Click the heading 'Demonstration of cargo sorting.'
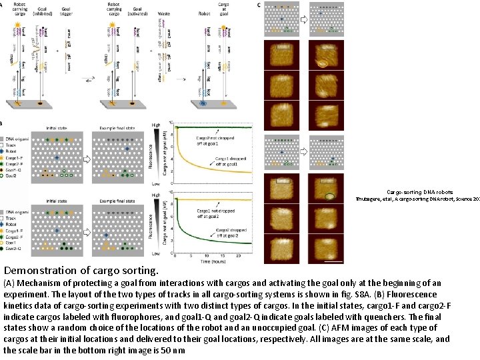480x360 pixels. point(81,271)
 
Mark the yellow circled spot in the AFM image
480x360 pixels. point(323,65)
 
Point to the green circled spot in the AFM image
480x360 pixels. point(329,197)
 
